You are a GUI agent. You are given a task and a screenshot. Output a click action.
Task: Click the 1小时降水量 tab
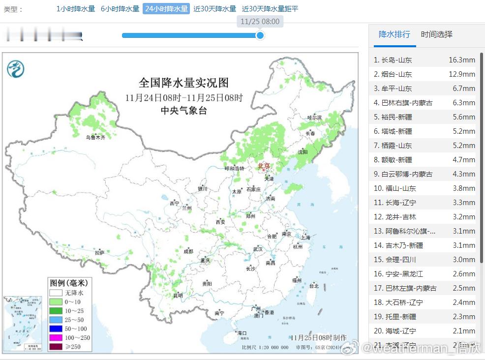coord(76,9)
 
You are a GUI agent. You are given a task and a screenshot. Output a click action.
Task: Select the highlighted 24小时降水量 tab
coord(166,9)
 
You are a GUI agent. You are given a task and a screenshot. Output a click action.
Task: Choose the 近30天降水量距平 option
coord(270,9)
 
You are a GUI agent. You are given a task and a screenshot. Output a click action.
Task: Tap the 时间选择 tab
coord(436,34)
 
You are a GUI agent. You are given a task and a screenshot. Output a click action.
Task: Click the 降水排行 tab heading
coord(394,34)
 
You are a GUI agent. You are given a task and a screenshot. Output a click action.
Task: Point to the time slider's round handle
coord(260,35)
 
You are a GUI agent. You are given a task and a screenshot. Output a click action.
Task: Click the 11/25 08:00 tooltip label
coord(260,22)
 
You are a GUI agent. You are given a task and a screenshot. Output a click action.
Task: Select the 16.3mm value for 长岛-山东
coord(461,60)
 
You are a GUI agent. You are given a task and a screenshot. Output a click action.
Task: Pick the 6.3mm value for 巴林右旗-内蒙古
coord(464,103)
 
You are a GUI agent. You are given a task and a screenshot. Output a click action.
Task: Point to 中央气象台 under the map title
coord(183,111)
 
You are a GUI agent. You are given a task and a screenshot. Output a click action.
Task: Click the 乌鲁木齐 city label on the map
coord(95,138)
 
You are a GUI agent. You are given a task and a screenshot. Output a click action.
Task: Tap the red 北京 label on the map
coord(264,166)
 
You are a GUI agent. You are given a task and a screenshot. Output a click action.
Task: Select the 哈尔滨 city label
coord(314,118)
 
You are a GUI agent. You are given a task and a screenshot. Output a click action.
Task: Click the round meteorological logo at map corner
coord(16,68)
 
